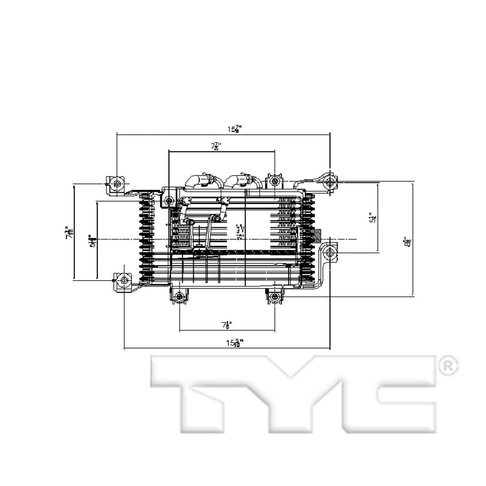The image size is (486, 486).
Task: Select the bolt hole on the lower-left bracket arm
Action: point(124,280)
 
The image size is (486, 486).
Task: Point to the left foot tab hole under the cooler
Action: point(179,298)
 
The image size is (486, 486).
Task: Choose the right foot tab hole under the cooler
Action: point(275,297)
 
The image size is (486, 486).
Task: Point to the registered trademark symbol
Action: point(449,365)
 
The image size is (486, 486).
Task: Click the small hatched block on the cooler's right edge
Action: point(316,234)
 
